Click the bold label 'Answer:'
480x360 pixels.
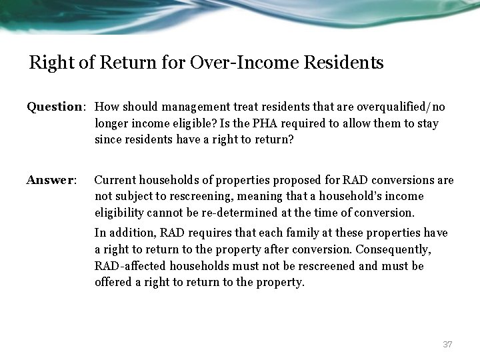coord(51,180)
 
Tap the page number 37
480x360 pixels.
coord(447,344)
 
